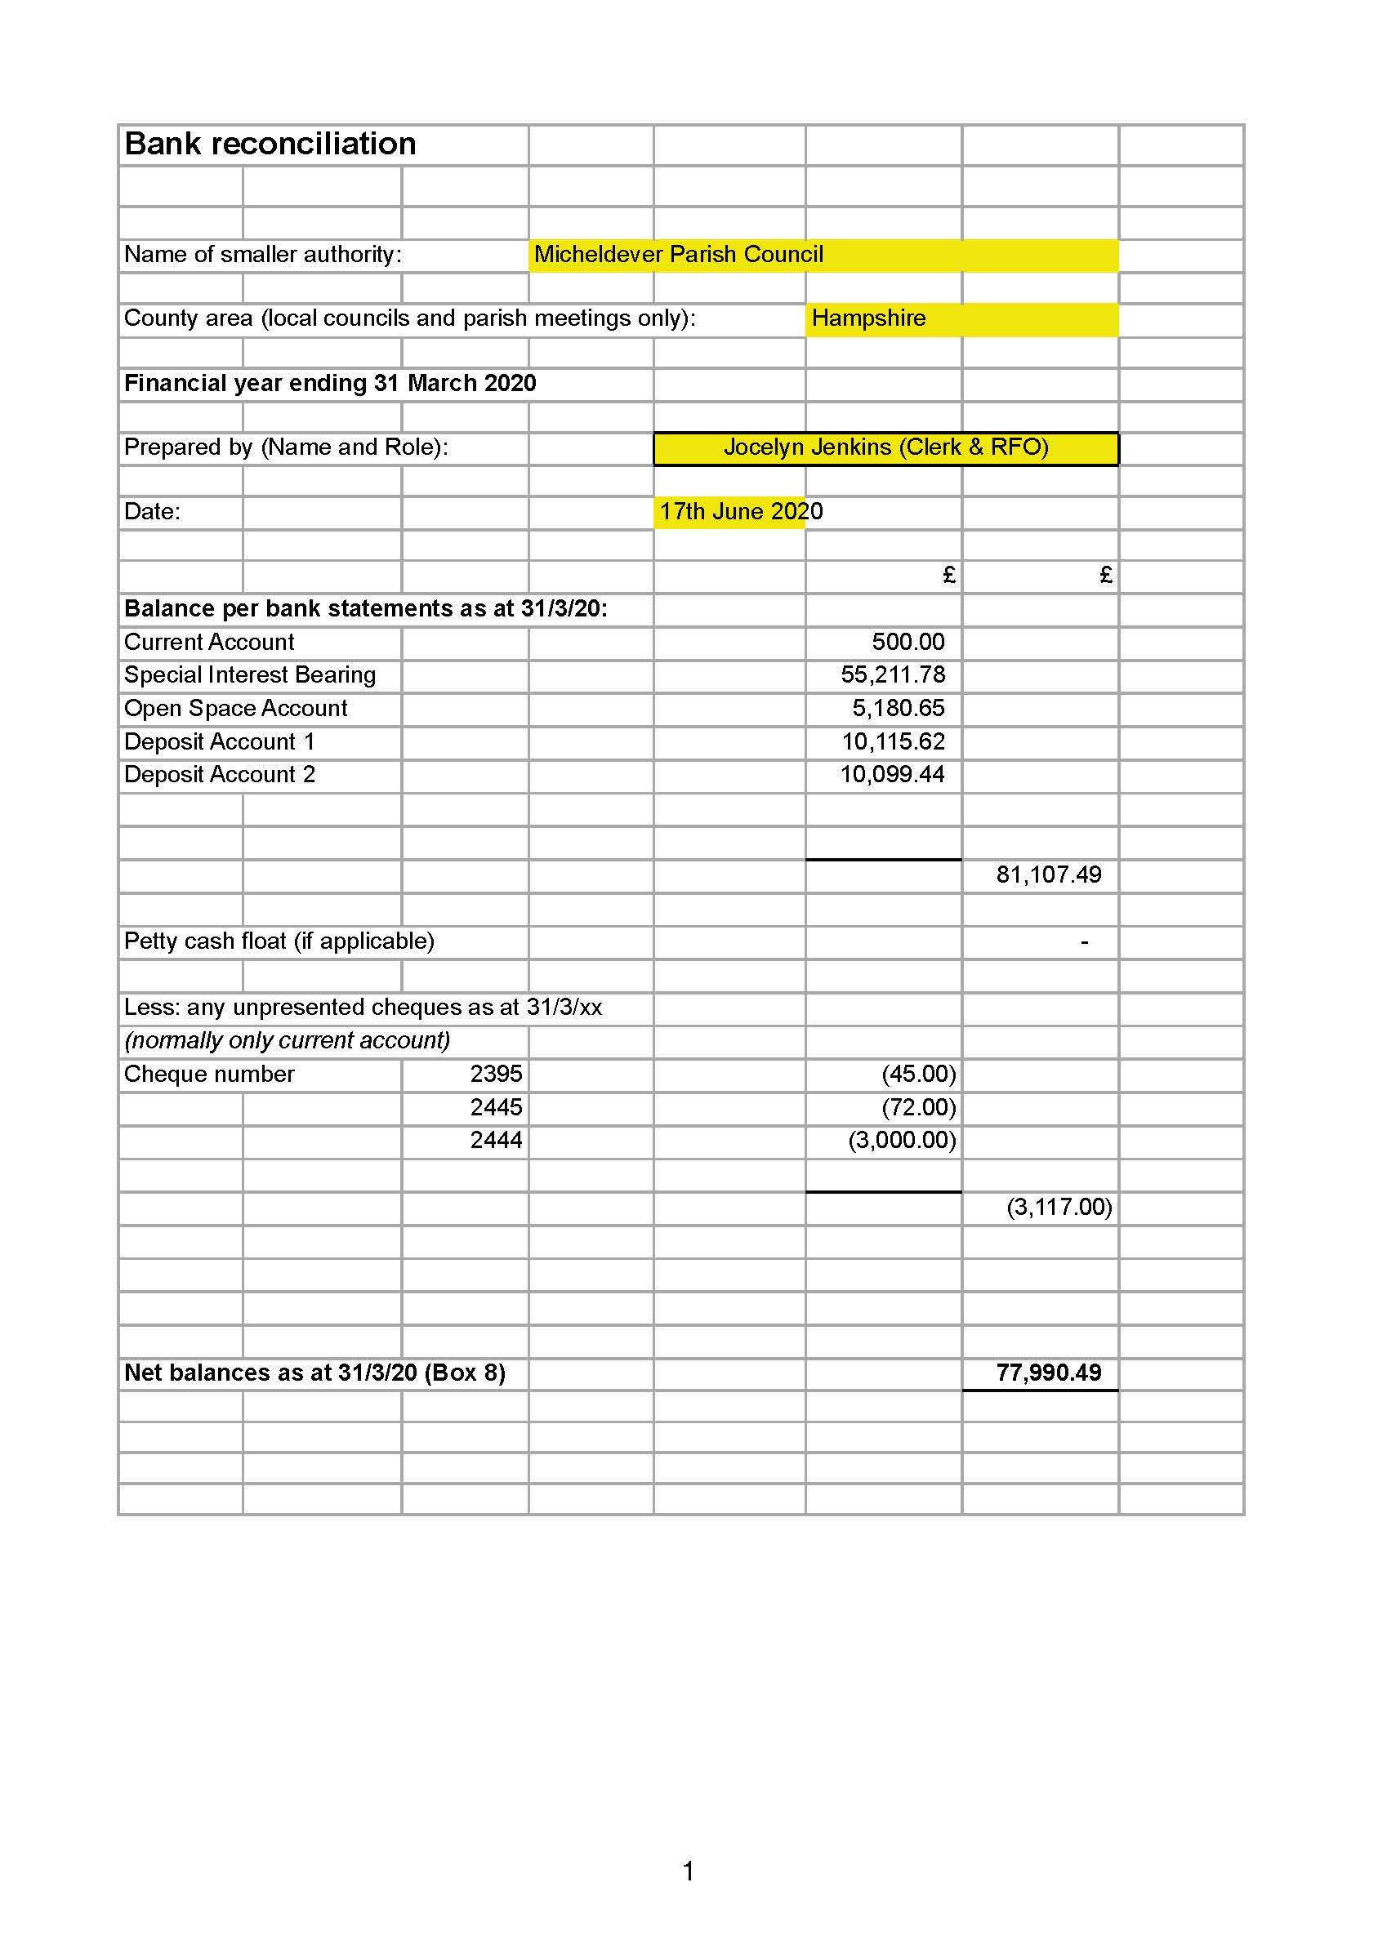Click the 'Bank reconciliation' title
point(270,144)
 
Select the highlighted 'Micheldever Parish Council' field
point(679,255)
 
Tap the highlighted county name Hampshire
point(867,318)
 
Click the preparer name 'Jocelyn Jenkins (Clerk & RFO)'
point(885,447)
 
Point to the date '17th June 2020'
point(740,511)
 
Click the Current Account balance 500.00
point(908,642)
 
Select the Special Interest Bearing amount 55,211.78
point(892,675)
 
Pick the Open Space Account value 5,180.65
point(899,708)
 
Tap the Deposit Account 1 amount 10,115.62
point(892,742)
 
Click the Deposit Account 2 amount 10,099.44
point(892,774)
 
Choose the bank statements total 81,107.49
point(1049,874)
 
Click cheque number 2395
point(496,1074)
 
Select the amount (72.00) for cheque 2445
point(919,1107)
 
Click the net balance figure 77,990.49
point(1049,1373)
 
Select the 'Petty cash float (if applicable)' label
point(279,941)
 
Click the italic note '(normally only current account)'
point(287,1041)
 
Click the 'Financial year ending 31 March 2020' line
point(330,384)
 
